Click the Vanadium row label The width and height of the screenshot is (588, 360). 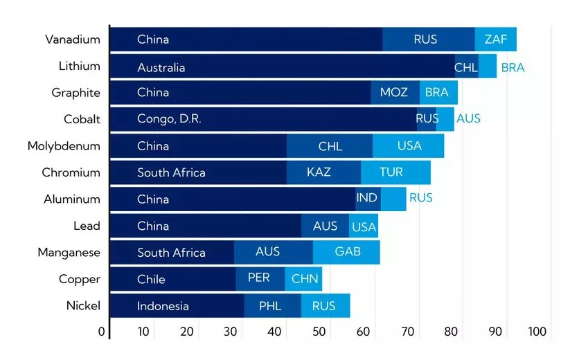tap(73, 39)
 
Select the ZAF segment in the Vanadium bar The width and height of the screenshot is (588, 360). tap(496, 39)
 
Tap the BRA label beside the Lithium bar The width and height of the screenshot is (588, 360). tap(513, 68)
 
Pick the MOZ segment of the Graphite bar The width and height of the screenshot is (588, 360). tap(394, 93)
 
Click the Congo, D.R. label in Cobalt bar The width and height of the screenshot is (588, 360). tap(169, 119)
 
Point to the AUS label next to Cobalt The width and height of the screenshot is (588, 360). tap(468, 119)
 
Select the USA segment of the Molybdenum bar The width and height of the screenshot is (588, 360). tap(409, 146)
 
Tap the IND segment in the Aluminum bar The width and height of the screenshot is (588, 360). tap(367, 199)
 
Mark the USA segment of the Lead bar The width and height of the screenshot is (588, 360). tap(364, 226)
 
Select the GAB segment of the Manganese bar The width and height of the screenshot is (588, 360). tap(347, 252)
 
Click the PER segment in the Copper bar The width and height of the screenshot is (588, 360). tap(260, 278)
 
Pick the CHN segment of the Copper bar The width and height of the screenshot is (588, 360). tap(304, 279)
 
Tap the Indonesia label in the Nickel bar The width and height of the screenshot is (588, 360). tap(163, 306)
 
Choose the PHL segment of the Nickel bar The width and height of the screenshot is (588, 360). tap(271, 306)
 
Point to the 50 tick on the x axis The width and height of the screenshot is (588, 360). tap(319, 332)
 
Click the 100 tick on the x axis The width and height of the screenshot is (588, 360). tap(538, 332)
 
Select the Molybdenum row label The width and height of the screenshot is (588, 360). tap(64, 146)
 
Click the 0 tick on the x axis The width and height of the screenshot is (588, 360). tap(102, 332)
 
